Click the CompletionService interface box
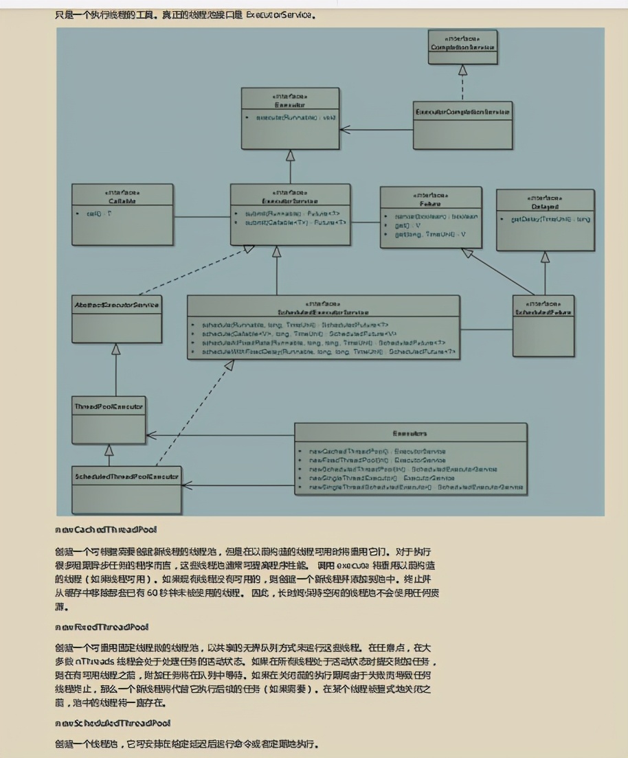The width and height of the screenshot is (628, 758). [462, 47]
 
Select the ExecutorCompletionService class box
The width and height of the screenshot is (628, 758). [462, 125]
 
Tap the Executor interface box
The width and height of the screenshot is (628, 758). [290, 117]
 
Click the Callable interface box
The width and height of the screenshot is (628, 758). [122, 213]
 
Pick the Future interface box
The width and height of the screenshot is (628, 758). [430, 216]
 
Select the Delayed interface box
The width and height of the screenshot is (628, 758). [545, 220]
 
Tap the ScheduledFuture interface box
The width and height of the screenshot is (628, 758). [543, 325]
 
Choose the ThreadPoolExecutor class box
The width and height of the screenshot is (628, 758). [109, 419]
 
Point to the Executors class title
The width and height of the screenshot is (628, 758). [410, 433]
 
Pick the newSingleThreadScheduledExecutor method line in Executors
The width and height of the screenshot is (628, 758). [416, 487]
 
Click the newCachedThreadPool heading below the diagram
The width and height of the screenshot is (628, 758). [106, 529]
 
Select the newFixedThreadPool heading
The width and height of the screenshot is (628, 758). [102, 627]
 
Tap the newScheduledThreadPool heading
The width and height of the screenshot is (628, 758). [113, 723]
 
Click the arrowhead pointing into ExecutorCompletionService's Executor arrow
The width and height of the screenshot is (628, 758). [344, 129]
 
